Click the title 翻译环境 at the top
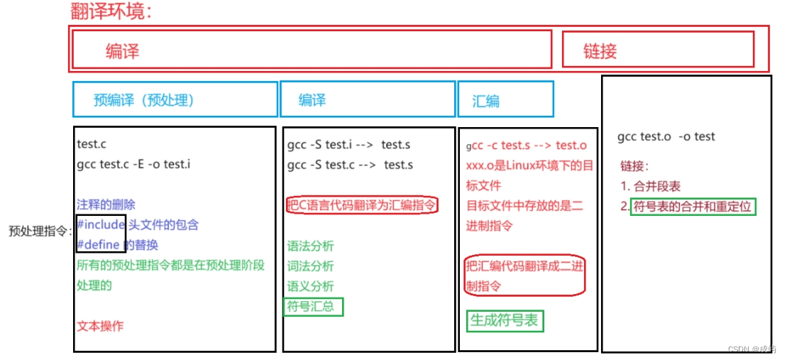point(111,11)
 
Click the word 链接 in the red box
point(600,50)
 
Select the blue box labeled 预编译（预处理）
point(175,99)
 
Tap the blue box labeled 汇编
point(505,99)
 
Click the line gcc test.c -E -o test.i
point(133,164)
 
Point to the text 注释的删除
point(106,204)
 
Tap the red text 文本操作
point(100,326)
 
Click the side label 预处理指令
point(39,231)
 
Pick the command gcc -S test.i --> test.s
point(348,144)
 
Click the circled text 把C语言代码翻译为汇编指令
point(362,205)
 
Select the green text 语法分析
point(310,246)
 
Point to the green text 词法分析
point(310,266)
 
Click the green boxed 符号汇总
point(313,307)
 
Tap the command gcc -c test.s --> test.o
point(527,146)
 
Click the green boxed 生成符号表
point(504,320)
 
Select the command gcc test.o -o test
point(666,136)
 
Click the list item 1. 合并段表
point(650,186)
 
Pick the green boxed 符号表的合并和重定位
point(691,207)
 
